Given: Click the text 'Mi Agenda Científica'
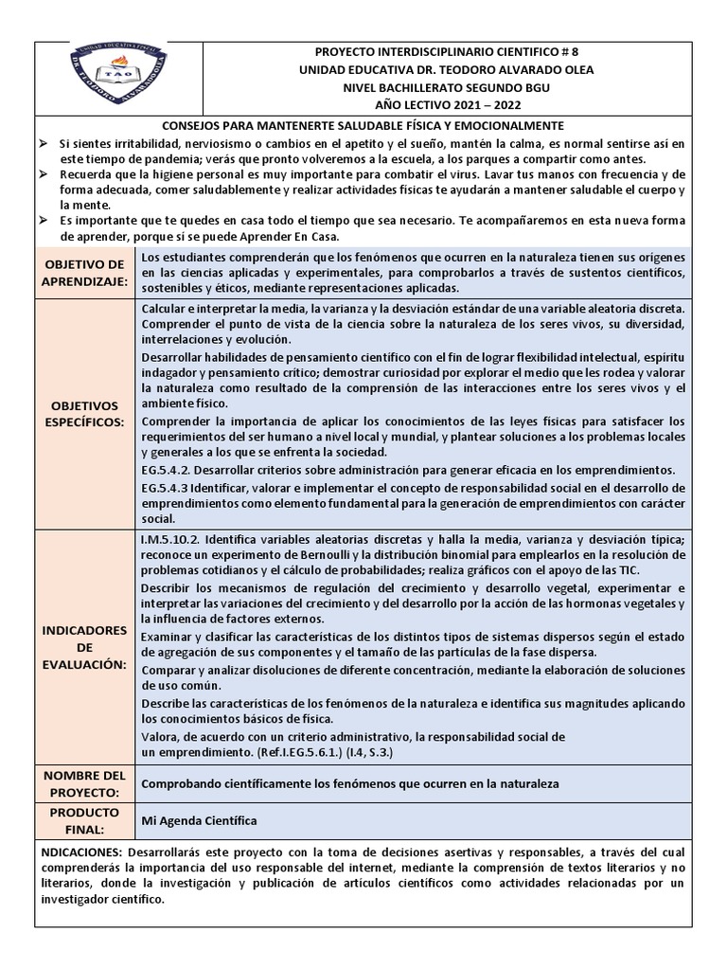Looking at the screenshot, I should pos(199,821).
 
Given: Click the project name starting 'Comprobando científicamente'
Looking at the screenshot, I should pos(350,784).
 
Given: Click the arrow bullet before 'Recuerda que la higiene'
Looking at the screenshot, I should pos(44,174).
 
